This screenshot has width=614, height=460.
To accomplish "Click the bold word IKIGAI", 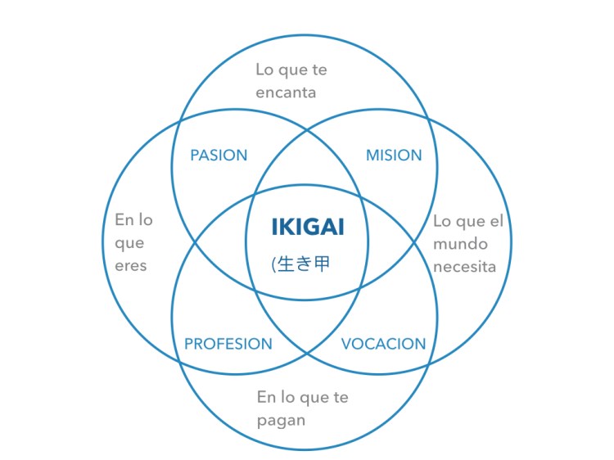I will pos(307,227).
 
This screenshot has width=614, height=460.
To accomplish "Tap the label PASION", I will pos(219,156).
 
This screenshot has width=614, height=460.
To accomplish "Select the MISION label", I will pos(394,156).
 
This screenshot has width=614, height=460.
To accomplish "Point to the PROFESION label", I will pos(228,344).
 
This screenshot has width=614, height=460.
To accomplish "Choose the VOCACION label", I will pos(383,344).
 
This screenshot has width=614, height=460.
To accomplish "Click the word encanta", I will pos(286,92).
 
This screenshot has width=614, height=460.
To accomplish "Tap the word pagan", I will pos(281,421).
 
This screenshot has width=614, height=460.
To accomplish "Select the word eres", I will pos(130,266).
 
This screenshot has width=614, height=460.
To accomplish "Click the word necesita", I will pos(464,267).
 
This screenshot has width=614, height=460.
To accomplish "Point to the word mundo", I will pos(460,244).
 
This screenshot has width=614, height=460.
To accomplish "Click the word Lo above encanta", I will pos(265,70).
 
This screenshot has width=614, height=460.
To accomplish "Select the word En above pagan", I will pos(266,398).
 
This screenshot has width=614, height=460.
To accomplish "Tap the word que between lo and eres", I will pos(129,243).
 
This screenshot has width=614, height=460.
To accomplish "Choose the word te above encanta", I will pos(318,70).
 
